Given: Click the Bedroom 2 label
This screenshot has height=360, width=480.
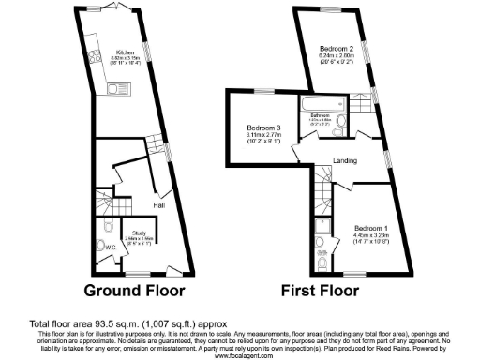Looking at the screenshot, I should pos(336,48).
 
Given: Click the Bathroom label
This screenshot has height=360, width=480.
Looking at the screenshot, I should pos(321,116).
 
